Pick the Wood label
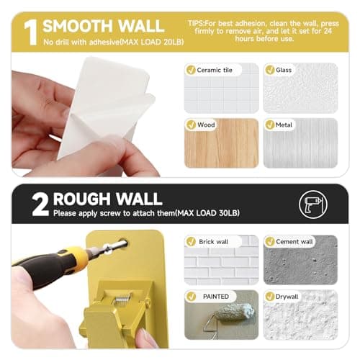[x=207, y=125]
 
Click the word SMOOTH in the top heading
[x=76, y=27]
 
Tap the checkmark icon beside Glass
[x=270, y=70]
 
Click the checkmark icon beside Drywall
[x=270, y=297]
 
